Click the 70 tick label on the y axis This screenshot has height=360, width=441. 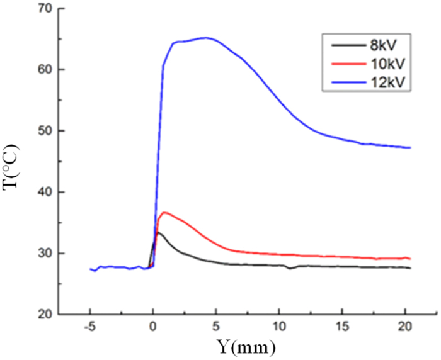pos(44,9)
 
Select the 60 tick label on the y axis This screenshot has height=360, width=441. pos(44,70)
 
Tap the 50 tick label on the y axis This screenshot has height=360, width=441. pos(44,131)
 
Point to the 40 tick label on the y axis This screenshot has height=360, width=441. pos(44,192)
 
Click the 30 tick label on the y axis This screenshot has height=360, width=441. pos(44,253)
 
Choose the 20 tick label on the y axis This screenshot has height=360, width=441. pos(44,314)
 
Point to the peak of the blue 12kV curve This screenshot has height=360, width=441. pos(205,37)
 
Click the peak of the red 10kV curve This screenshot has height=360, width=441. pos(164,213)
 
